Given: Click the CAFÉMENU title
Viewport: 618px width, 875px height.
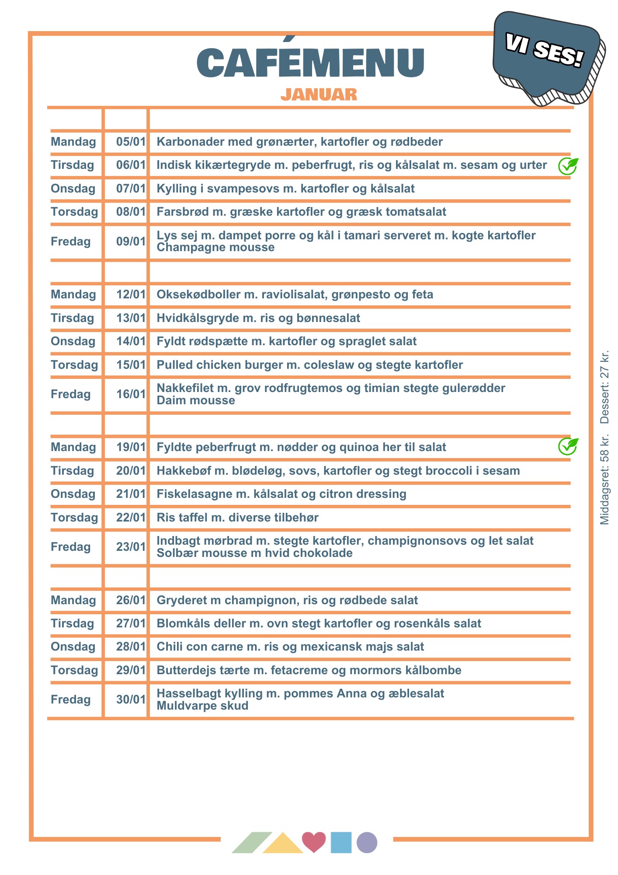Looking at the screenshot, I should pyautogui.click(x=310, y=63).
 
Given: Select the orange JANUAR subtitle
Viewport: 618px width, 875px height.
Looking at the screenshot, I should pyautogui.click(x=319, y=94).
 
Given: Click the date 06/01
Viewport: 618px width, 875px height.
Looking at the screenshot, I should pyautogui.click(x=131, y=165).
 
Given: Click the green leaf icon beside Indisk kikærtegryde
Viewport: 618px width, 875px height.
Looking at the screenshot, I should pyautogui.click(x=568, y=166).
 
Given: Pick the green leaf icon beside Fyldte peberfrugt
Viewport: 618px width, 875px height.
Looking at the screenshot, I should pyautogui.click(x=568, y=446).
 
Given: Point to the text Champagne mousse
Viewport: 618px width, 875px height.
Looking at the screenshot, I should pyautogui.click(x=215, y=248).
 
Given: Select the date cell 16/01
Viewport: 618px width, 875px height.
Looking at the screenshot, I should pyautogui.click(x=131, y=394).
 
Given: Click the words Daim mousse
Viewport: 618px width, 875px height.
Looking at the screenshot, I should pyautogui.click(x=196, y=400).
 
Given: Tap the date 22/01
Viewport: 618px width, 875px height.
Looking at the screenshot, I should pyautogui.click(x=131, y=518).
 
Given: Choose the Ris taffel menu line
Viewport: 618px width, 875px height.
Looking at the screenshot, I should pyautogui.click(x=237, y=518).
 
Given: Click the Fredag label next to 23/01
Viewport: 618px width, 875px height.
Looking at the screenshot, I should pyautogui.click(x=71, y=547).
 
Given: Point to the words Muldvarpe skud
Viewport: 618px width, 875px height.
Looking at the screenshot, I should pyautogui.click(x=202, y=706).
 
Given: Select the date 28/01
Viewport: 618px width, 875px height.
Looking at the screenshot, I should pyautogui.click(x=131, y=647).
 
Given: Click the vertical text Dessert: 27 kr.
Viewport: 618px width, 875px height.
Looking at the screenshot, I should pyautogui.click(x=604, y=387).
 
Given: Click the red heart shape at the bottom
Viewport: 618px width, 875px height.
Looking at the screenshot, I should pyautogui.click(x=314, y=841).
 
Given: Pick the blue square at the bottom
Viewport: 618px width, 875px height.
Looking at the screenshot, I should pyautogui.click(x=341, y=842).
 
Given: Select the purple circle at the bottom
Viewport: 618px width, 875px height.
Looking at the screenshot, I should pyautogui.click(x=367, y=842).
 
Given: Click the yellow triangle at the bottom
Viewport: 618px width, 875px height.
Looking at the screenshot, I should pyautogui.click(x=283, y=844).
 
